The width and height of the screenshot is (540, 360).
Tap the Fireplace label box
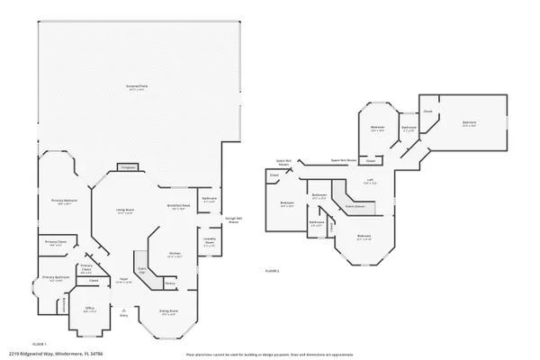tap(126, 167)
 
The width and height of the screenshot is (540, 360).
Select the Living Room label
tap(125, 211)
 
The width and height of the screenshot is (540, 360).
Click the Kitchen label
tap(175, 255)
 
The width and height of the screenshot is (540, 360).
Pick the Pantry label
tap(169, 283)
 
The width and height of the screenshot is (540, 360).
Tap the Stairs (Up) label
tap(142, 269)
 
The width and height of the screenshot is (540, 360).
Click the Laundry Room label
tap(209, 242)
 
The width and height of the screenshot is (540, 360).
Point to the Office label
tap(90, 310)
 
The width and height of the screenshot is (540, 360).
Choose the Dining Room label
tap(167, 312)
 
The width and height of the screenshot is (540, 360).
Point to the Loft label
tap(369, 181)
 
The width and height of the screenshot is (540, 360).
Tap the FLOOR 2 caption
tap(272, 270)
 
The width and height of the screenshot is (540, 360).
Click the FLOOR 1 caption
tap(39, 344)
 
